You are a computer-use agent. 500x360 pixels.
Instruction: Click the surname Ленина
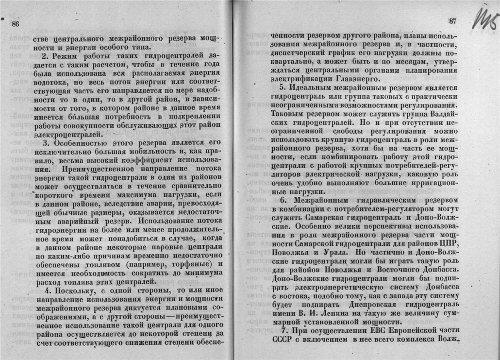coord(325,311)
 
